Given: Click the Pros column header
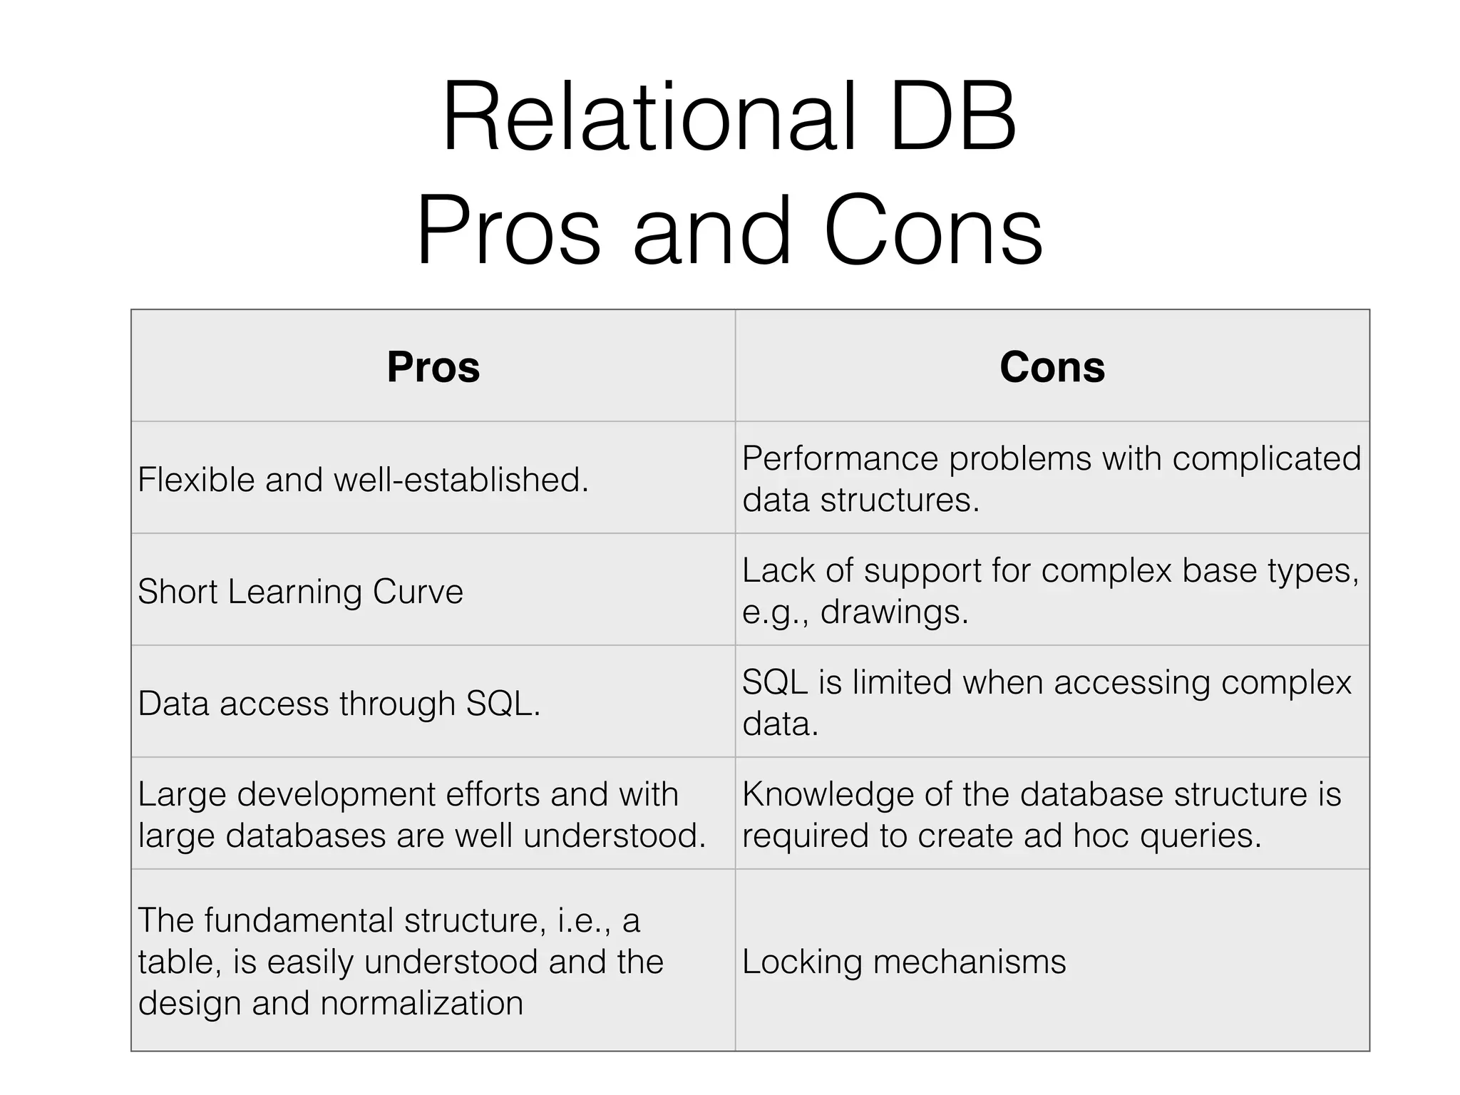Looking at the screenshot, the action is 433,367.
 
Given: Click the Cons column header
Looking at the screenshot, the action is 1052,367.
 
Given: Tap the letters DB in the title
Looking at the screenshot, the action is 953,118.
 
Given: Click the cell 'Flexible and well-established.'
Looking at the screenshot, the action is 364,479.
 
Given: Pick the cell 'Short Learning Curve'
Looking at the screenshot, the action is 300,592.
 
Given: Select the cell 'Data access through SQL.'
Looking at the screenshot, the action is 339,704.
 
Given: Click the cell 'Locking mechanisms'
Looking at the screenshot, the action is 904,962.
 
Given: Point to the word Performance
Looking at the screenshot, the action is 840,458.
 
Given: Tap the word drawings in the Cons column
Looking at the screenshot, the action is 894,612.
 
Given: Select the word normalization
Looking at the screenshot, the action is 421,1003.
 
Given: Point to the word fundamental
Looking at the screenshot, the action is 299,920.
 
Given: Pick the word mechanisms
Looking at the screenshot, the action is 970,962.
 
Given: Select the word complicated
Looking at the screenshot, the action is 1267,458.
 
